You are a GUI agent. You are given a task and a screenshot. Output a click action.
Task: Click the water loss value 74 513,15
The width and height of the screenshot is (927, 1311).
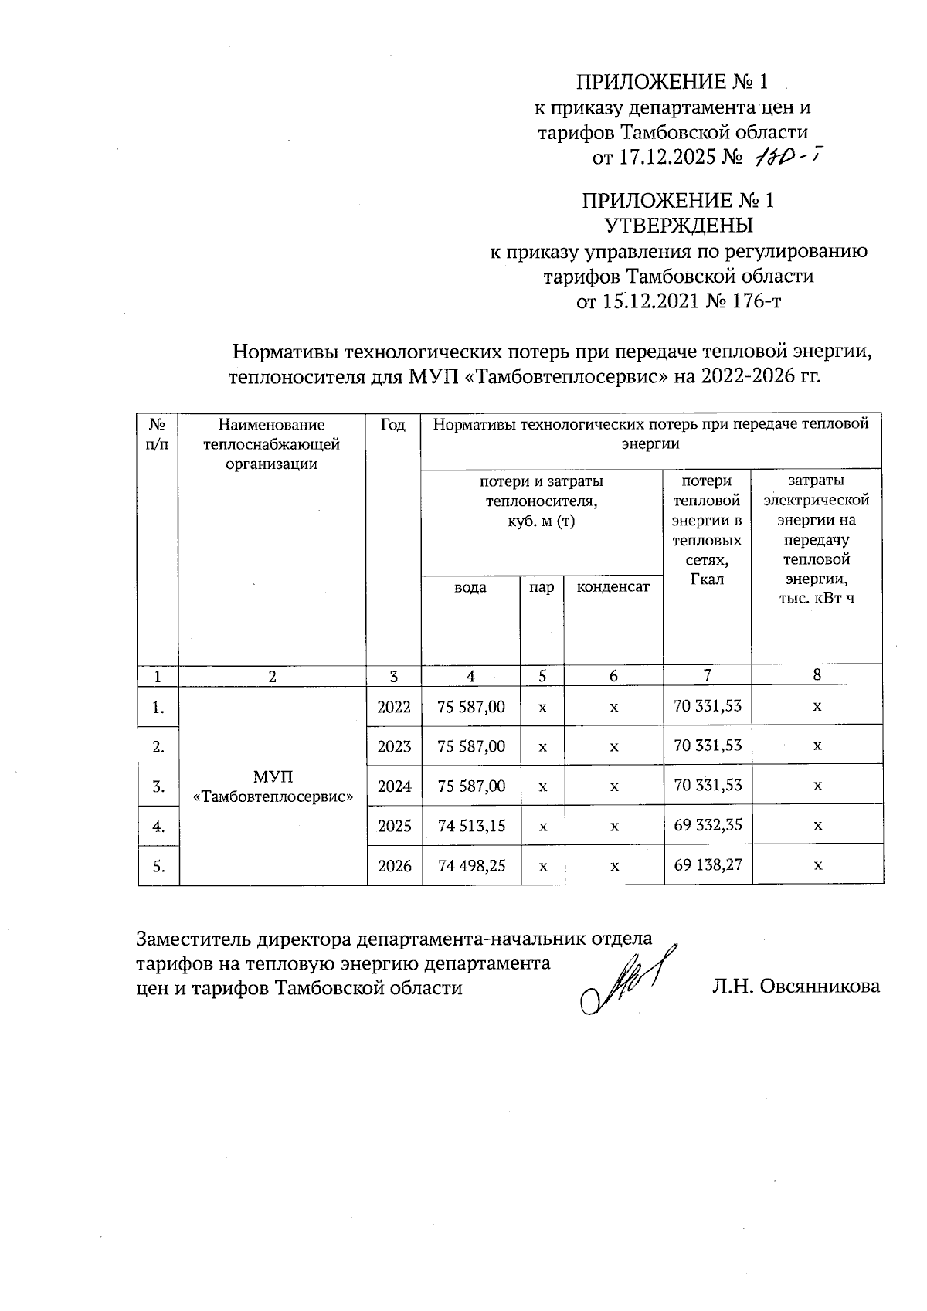pyautogui.click(x=471, y=826)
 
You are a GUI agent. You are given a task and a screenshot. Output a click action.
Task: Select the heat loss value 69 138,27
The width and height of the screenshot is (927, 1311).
pyautogui.click(x=708, y=864)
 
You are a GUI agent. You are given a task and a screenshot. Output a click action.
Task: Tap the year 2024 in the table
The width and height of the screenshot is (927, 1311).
pyautogui.click(x=394, y=786)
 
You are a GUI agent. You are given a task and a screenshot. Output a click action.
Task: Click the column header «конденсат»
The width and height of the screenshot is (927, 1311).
pyautogui.click(x=613, y=587)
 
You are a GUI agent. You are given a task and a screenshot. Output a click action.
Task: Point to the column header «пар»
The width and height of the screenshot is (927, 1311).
pyautogui.click(x=542, y=587)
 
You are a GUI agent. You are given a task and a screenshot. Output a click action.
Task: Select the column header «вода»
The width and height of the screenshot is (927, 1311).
pyautogui.click(x=470, y=587)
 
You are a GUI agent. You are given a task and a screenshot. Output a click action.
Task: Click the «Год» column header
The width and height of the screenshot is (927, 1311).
pyautogui.click(x=393, y=424)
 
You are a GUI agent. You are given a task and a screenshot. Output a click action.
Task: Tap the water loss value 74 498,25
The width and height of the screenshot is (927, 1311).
pyautogui.click(x=471, y=866)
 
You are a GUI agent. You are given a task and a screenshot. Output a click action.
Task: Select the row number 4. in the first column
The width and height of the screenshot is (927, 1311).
pyautogui.click(x=158, y=826)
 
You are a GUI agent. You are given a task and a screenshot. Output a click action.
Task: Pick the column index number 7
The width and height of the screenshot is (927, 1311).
pyautogui.click(x=707, y=674)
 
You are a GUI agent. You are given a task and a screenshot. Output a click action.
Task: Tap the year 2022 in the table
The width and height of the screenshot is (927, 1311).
pyautogui.click(x=394, y=707)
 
